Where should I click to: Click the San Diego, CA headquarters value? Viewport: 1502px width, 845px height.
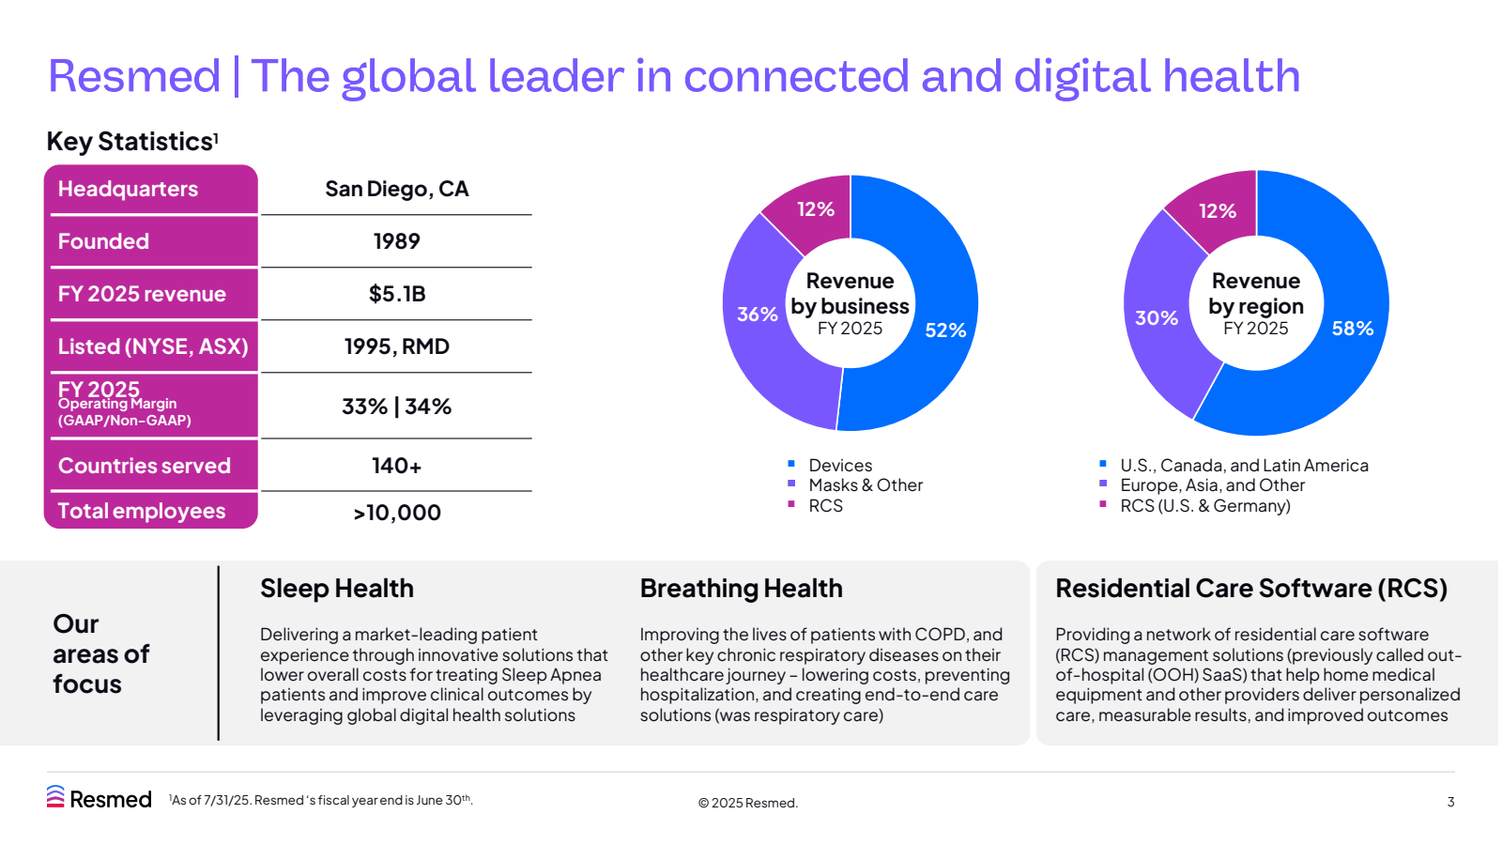click(x=396, y=189)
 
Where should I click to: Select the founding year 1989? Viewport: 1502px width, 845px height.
click(x=396, y=241)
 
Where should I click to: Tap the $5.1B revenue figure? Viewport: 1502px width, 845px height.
click(x=396, y=294)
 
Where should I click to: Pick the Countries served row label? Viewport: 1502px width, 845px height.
click(x=145, y=466)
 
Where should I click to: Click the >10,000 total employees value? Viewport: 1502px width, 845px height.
click(x=396, y=513)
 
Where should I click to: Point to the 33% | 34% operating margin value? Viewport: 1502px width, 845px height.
click(x=396, y=407)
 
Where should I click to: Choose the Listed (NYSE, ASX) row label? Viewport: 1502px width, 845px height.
click(x=153, y=346)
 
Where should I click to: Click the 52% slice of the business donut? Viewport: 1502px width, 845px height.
click(x=944, y=330)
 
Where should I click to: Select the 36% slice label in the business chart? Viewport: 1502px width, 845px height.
click(x=757, y=315)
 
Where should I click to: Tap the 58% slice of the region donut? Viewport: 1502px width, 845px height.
click(x=1352, y=328)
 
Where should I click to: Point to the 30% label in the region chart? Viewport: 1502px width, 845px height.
click(x=1156, y=318)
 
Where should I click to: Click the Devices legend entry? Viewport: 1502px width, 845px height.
click(x=839, y=466)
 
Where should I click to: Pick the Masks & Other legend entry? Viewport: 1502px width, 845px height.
click(x=865, y=485)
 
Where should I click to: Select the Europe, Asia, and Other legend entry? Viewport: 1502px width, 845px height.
click(x=1211, y=485)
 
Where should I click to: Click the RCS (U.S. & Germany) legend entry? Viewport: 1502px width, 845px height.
click(x=1204, y=506)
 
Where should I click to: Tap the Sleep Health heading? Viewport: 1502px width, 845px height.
click(x=336, y=589)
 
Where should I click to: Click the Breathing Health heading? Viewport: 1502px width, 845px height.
click(x=741, y=589)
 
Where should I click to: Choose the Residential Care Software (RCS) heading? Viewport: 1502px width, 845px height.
click(x=1250, y=589)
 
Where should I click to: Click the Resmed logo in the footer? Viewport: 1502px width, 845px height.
click(x=99, y=798)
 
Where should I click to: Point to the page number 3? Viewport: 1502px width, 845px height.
click(x=1450, y=802)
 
